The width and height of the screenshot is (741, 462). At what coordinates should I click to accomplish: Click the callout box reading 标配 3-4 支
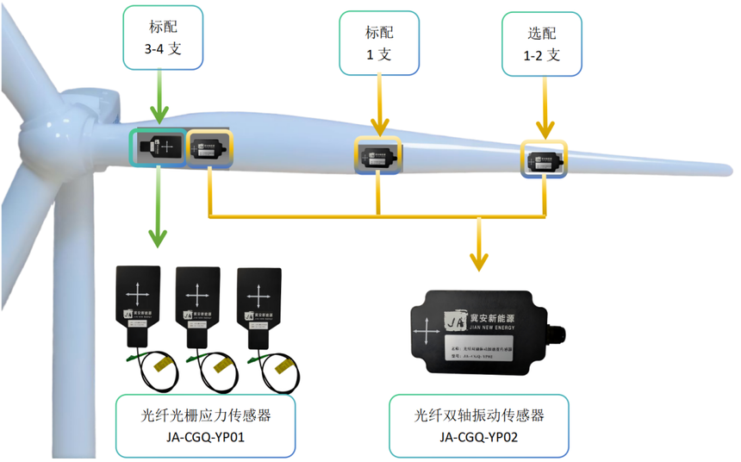163,39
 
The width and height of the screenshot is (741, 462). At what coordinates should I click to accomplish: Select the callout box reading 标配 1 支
379,44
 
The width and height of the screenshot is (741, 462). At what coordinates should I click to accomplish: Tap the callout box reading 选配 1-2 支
544,44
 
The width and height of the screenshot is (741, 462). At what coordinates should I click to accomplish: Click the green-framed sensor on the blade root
158,148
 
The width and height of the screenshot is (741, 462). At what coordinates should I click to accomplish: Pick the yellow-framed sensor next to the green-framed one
209,149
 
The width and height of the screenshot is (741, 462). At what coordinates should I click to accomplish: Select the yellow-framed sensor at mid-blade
378,156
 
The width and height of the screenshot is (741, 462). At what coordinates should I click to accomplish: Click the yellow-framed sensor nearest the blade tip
545,159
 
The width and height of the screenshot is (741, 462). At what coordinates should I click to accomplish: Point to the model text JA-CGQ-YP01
205,435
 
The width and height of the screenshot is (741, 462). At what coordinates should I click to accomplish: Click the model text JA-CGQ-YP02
478,436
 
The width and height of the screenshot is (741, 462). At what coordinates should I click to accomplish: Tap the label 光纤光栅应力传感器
205,415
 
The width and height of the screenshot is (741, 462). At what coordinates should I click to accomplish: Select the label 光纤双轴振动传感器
478,415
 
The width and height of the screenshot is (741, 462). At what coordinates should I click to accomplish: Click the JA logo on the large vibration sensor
454,320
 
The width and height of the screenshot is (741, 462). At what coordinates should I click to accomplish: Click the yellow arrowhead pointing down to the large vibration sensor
479,260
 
